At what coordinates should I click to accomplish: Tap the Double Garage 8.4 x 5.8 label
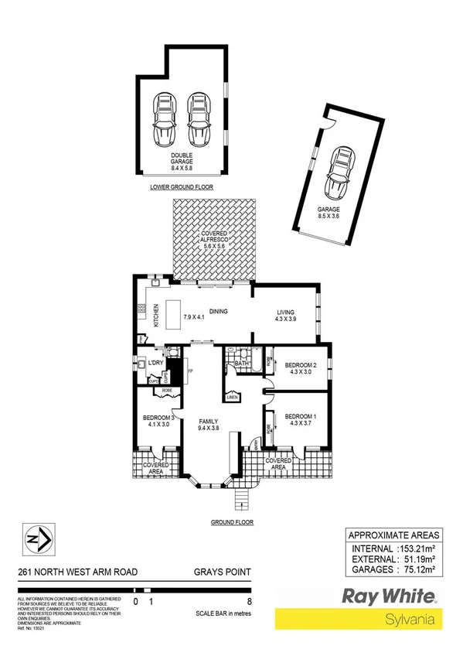[182, 160]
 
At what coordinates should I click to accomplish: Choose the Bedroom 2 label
[301, 368]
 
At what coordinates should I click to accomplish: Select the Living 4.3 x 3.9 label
[286, 316]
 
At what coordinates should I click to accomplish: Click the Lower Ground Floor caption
[182, 187]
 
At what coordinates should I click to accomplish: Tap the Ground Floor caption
[232, 522]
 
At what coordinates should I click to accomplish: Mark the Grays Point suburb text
[224, 572]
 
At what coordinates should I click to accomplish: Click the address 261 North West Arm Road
[77, 572]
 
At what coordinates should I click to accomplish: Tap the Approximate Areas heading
[394, 535]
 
